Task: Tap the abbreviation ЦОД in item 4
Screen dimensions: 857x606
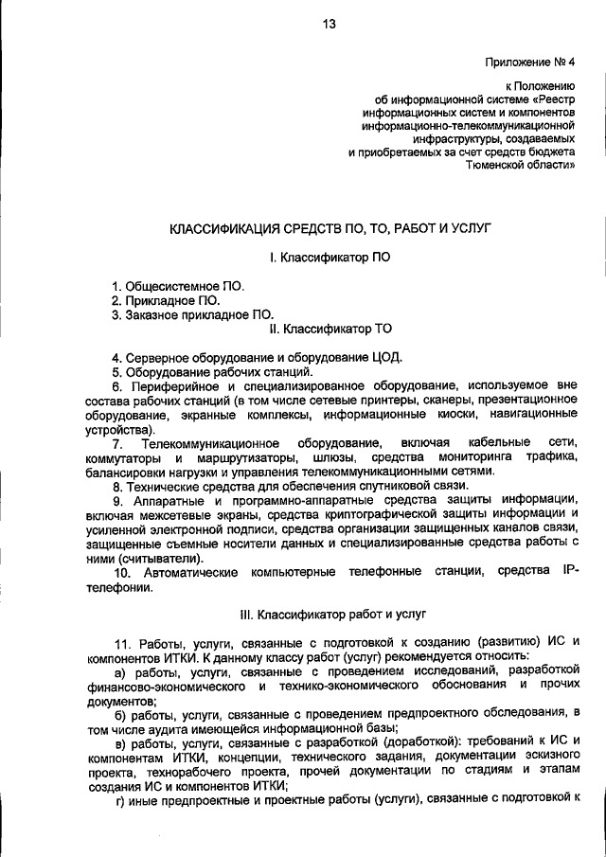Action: [389, 357]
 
